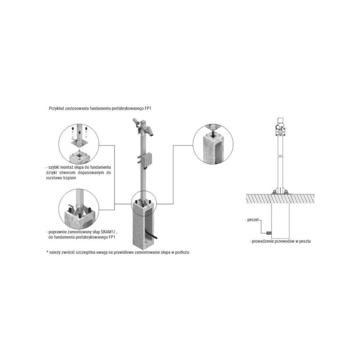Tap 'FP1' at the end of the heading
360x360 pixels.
tap(148, 108)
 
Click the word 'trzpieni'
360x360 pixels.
tap(69, 178)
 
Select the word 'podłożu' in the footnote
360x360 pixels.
tap(182, 252)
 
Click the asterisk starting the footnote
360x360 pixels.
tap(47, 252)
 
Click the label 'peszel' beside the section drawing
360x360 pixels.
tap(253, 220)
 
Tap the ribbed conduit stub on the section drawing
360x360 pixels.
tap(269, 233)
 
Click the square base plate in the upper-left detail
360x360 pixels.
tap(79, 143)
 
